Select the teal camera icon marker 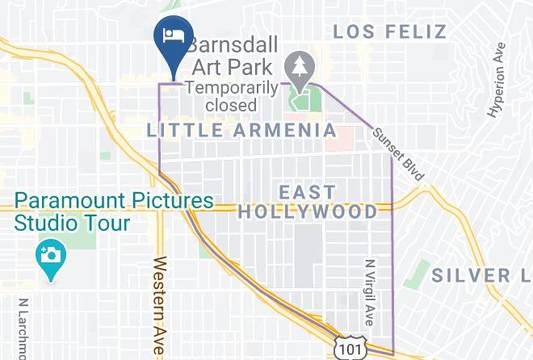(x=51, y=257)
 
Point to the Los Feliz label (x=389, y=32)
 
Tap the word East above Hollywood (x=306, y=192)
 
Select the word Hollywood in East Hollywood (x=307, y=212)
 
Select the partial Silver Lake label (x=481, y=275)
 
